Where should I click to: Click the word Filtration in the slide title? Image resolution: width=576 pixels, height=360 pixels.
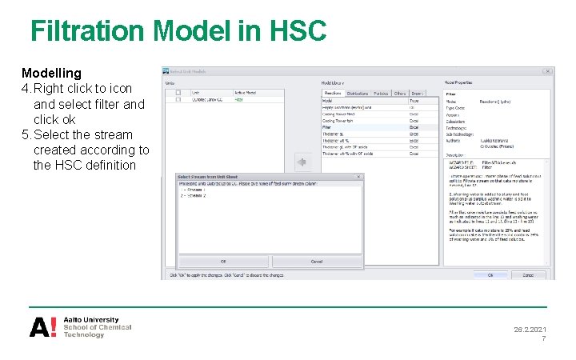(88, 31)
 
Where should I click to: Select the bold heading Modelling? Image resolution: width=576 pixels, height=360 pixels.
(51, 73)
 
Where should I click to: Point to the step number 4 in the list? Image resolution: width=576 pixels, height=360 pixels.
(25, 88)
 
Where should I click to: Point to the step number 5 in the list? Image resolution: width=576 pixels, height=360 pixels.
(25, 134)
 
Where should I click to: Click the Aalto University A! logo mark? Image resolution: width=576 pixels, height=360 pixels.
(42, 327)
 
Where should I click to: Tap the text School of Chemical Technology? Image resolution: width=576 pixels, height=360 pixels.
(97, 331)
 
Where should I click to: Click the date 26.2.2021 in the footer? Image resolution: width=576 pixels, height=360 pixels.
(530, 330)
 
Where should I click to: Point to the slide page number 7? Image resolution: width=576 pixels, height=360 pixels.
(544, 339)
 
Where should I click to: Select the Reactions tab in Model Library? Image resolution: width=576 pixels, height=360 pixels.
(332, 94)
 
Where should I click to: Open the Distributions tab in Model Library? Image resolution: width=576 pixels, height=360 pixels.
(358, 94)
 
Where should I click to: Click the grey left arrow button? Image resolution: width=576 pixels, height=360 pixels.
(302, 162)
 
